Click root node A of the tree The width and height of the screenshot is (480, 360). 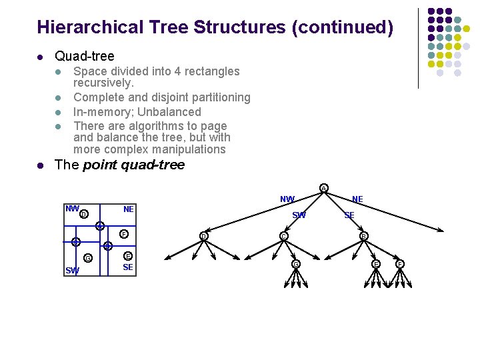(323, 187)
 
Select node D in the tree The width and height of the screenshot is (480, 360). (203, 236)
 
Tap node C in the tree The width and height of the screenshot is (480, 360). (283, 236)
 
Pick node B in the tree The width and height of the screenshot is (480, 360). (363, 236)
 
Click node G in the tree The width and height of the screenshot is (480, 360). (295, 264)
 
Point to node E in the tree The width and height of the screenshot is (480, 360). (377, 264)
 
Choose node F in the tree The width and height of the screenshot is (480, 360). (400, 264)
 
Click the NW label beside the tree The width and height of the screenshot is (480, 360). (287, 199)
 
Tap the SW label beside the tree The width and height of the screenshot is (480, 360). (299, 215)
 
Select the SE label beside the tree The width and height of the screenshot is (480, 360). (349, 215)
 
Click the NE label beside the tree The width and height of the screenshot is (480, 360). (357, 199)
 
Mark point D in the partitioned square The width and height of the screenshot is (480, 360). (83, 214)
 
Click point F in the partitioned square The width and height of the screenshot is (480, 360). (123, 234)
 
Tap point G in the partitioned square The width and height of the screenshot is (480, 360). (88, 259)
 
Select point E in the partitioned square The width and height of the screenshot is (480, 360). (128, 257)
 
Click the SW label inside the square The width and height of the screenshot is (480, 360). (72, 270)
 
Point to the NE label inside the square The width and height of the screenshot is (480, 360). (129, 209)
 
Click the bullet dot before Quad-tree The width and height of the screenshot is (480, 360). (42, 57)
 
